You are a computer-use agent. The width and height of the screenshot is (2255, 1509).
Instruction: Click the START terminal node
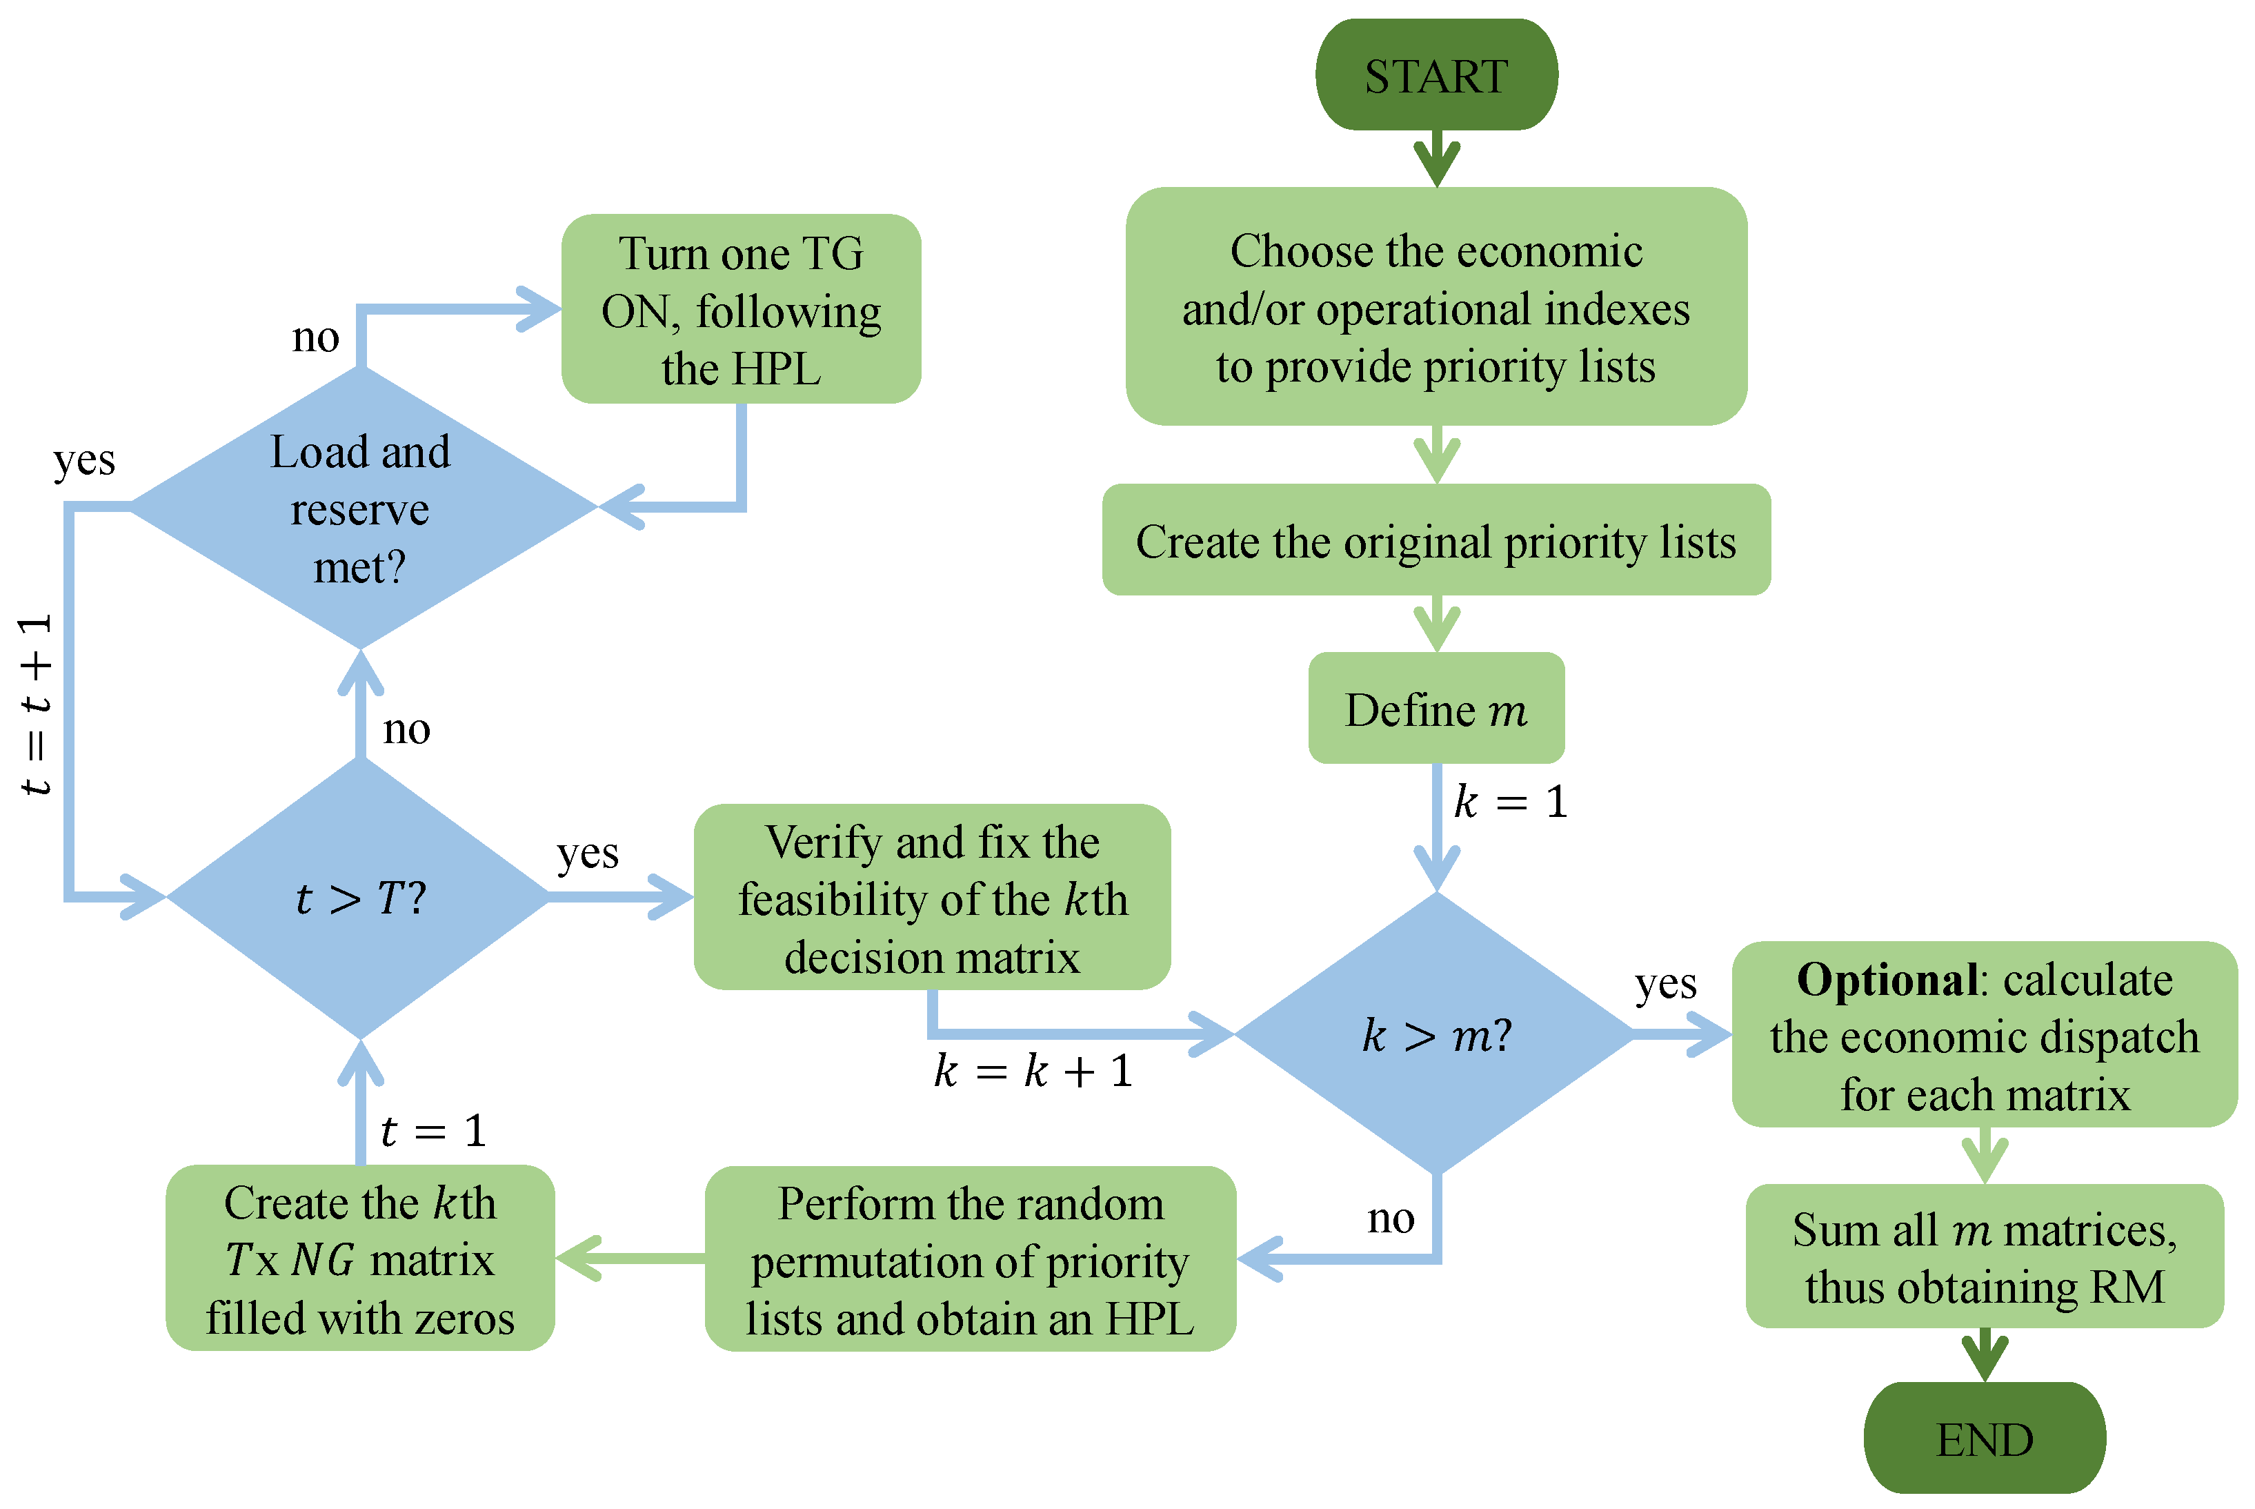click(1436, 75)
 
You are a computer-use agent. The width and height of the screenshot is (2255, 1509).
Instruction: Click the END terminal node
click(1984, 1439)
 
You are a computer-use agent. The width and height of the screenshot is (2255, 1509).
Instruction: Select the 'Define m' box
click(1436, 709)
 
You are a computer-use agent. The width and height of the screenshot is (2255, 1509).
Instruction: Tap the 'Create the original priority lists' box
click(1436, 541)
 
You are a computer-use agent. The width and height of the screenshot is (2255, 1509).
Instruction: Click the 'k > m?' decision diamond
click(1436, 1034)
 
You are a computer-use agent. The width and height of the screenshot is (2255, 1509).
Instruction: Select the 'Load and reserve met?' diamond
click(360, 508)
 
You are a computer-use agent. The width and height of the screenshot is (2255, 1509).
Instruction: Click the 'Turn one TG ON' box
click(741, 310)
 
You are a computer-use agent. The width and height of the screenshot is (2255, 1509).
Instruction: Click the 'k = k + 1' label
click(1034, 1071)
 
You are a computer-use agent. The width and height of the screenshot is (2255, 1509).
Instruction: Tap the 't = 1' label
click(433, 1131)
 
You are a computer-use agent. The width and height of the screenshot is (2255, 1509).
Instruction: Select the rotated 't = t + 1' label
click(37, 704)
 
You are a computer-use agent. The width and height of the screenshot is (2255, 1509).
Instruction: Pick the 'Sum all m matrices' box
click(1984, 1257)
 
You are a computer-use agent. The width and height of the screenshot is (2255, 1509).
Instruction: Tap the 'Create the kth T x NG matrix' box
click(360, 1259)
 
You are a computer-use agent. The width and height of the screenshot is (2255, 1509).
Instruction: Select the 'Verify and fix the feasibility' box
click(931, 898)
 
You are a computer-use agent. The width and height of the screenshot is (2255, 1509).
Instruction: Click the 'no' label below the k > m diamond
click(1391, 1219)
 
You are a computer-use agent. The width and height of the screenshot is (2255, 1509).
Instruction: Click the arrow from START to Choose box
click(1436, 159)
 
